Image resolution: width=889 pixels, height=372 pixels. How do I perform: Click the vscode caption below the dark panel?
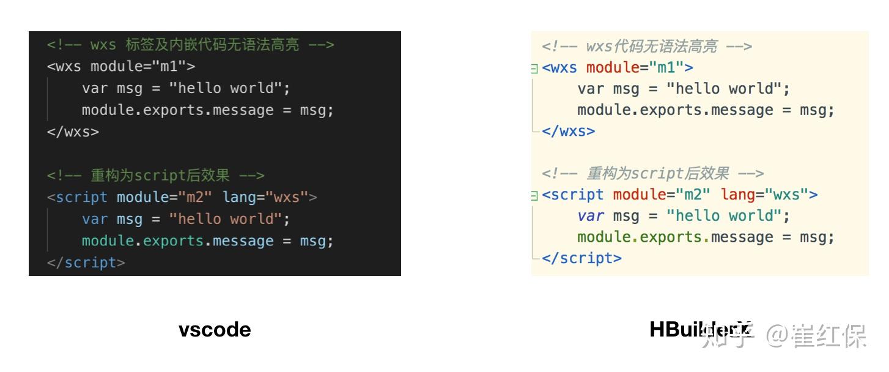[x=215, y=330]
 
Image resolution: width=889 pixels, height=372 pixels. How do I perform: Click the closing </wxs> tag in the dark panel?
[x=73, y=132]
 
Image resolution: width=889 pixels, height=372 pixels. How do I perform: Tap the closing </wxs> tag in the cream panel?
[x=568, y=131]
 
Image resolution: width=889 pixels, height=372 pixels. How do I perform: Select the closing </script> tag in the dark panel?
[x=86, y=263]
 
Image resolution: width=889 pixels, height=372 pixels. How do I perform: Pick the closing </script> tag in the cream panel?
[x=581, y=258]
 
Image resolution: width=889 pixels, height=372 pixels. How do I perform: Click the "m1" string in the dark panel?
[x=177, y=66]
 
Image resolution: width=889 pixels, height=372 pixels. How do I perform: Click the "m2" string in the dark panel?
[x=194, y=197]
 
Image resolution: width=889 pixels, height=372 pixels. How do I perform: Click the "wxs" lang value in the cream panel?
[x=791, y=195]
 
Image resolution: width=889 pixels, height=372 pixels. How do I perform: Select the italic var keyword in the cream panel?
[x=591, y=216]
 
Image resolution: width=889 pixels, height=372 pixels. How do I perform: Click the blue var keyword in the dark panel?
[x=95, y=219]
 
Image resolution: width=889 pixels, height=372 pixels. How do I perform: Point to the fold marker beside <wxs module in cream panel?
[x=534, y=69]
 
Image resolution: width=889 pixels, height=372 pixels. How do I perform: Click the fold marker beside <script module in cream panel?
[x=534, y=196]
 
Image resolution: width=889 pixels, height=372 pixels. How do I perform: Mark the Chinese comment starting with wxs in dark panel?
[x=190, y=45]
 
